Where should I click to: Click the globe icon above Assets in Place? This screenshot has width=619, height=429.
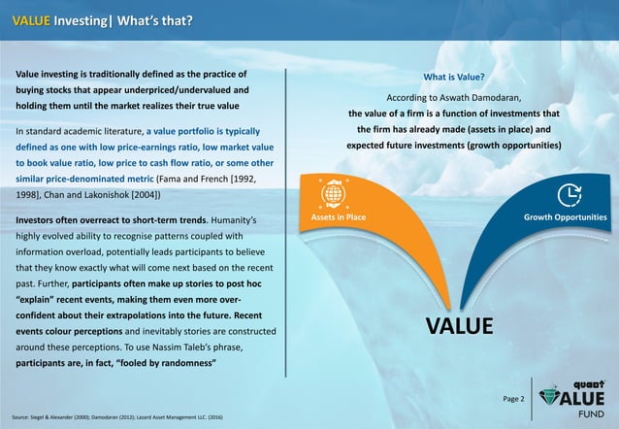pyautogui.click(x=333, y=191)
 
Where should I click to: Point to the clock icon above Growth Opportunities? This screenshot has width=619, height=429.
pyautogui.click(x=569, y=191)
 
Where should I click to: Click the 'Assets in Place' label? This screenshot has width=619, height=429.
pyautogui.click(x=338, y=217)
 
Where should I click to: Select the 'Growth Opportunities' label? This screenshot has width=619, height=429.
pyautogui.click(x=565, y=217)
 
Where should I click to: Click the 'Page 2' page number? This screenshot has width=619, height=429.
pyautogui.click(x=512, y=399)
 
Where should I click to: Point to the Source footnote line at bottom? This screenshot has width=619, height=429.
pyautogui.click(x=114, y=416)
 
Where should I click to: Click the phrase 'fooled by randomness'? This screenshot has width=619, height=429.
pyautogui.click(x=167, y=363)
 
